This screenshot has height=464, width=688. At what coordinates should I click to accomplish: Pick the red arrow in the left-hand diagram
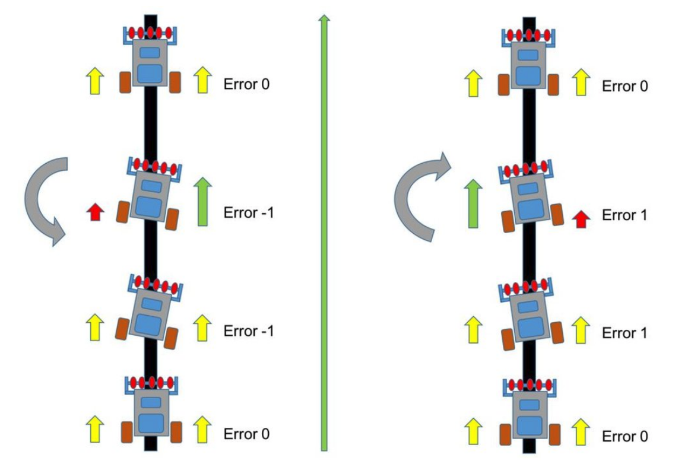93,211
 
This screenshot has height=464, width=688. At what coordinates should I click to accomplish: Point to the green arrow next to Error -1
202,201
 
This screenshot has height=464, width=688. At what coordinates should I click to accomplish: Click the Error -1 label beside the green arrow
249,212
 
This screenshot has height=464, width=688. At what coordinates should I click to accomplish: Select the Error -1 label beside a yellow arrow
249,330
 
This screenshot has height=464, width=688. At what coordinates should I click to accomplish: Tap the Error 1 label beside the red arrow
623,215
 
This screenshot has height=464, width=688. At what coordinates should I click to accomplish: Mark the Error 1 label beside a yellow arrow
623,333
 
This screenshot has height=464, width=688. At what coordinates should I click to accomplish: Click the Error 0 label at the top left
246,84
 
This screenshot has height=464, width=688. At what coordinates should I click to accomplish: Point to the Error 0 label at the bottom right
625,437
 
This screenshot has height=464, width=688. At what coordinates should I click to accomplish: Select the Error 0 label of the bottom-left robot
246,434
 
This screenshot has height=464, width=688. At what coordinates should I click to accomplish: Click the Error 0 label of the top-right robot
625,86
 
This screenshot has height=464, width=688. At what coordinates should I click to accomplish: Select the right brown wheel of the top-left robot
175,82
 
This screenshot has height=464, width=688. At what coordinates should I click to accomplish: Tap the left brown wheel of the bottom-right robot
505,435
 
